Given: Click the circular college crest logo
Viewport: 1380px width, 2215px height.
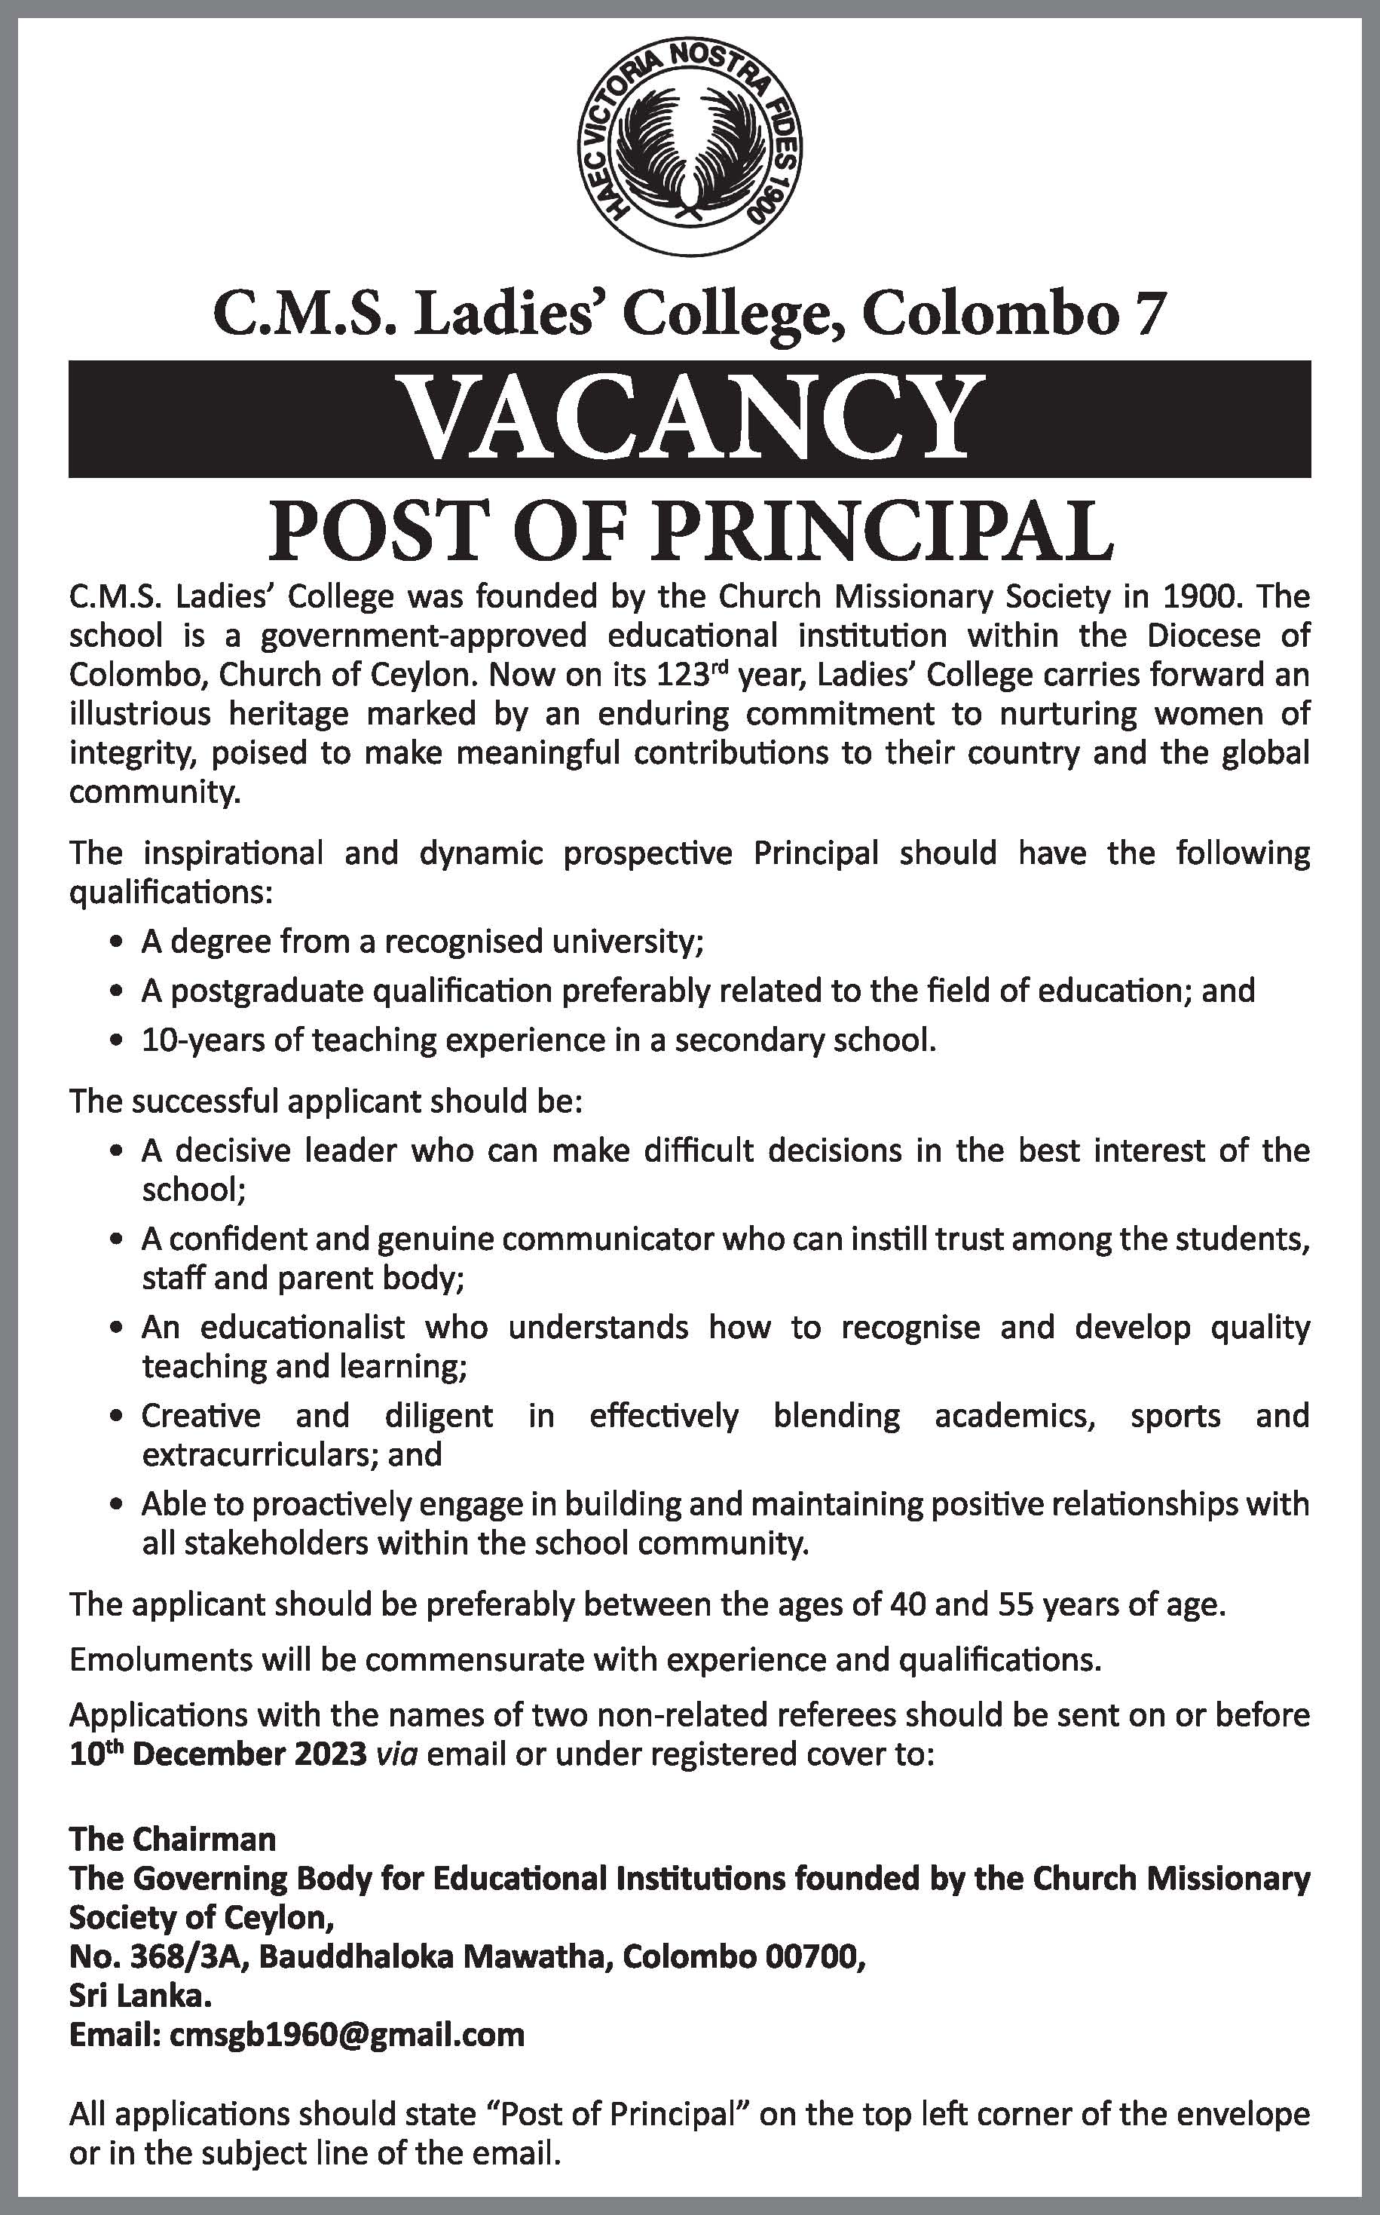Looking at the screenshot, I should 690,149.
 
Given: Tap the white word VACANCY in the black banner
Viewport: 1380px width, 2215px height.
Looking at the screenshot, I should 690,419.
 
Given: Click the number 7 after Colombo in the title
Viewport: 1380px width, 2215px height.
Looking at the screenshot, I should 1152,316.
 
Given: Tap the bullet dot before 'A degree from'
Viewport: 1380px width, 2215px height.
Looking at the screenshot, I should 114,943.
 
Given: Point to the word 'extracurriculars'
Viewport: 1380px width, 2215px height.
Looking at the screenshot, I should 259,1454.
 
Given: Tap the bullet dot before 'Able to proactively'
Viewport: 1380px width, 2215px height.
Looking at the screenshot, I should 114,1506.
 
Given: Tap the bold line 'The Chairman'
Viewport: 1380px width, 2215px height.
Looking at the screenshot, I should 173,1839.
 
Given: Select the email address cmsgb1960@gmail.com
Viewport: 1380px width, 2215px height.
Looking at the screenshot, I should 347,2035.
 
